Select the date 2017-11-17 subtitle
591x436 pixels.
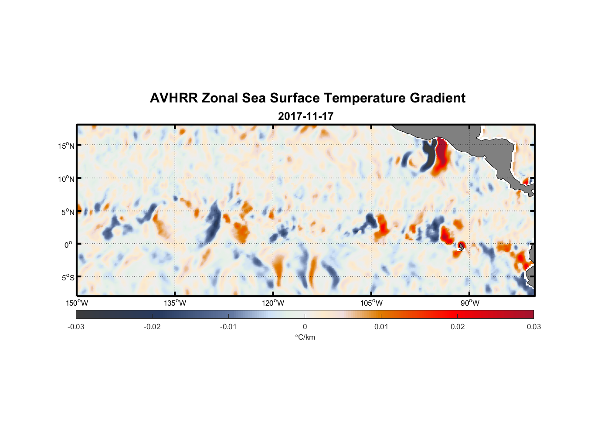tap(306, 116)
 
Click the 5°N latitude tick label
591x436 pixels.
tap(68, 212)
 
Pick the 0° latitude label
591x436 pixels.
tap(68, 245)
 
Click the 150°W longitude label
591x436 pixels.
tap(77, 303)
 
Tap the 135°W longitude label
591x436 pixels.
tap(175, 303)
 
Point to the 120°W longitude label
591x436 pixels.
tap(273, 303)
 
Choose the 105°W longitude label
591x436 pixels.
tap(371, 303)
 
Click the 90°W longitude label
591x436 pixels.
tap(470, 303)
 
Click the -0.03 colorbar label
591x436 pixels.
tap(76, 327)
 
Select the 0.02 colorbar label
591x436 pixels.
tap(457, 327)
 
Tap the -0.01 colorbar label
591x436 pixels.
tap(228, 327)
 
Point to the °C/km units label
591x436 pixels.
tap(305, 337)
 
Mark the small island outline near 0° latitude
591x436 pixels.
tap(462, 247)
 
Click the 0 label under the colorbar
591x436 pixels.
tap(305, 327)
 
